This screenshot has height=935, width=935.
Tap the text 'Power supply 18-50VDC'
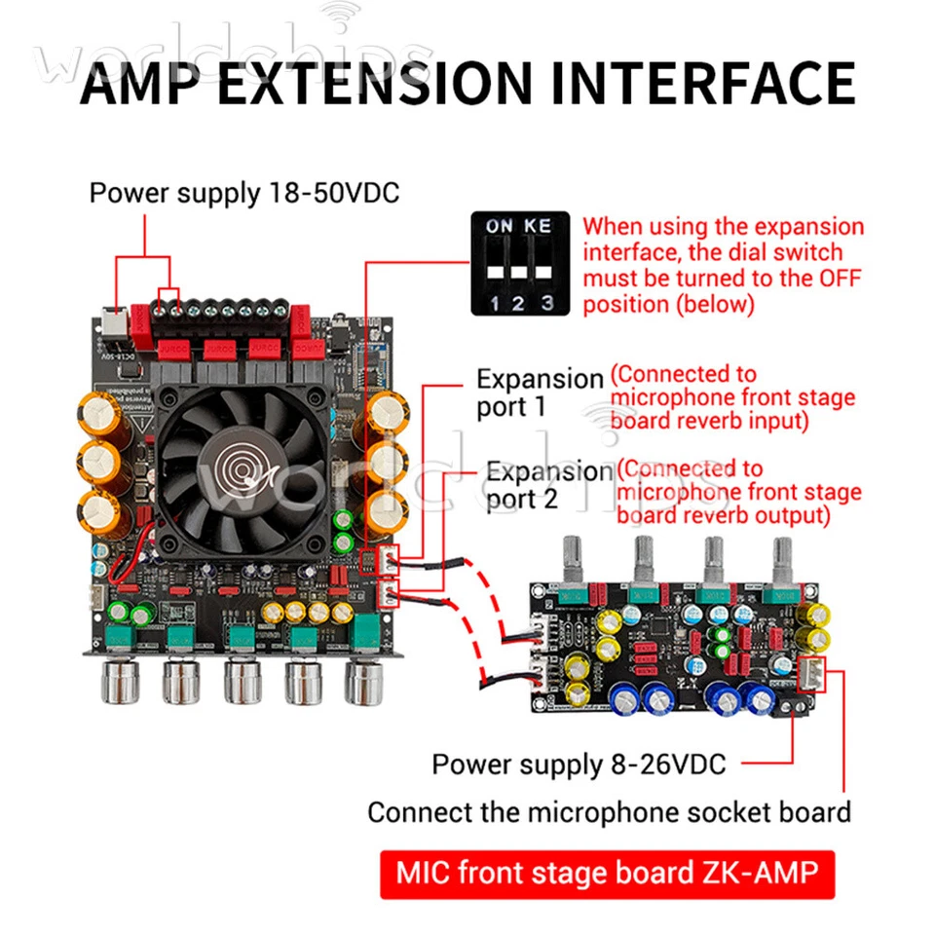coord(243,191)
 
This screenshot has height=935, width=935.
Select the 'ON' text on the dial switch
coord(499,226)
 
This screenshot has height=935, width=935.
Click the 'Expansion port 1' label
coord(539,392)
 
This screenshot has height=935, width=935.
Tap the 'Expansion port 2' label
coord(548,485)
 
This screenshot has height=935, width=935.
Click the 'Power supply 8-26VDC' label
coord(579,765)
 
